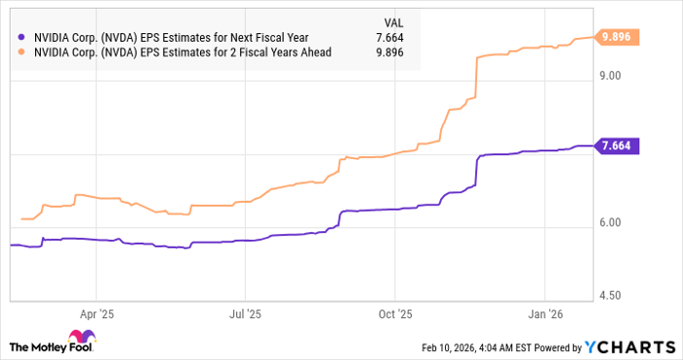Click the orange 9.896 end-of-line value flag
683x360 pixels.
(x=619, y=36)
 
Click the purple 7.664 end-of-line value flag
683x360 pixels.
(x=619, y=146)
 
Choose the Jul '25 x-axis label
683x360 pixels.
(x=245, y=314)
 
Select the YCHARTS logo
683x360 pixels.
(x=629, y=346)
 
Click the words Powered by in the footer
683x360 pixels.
(x=552, y=346)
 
